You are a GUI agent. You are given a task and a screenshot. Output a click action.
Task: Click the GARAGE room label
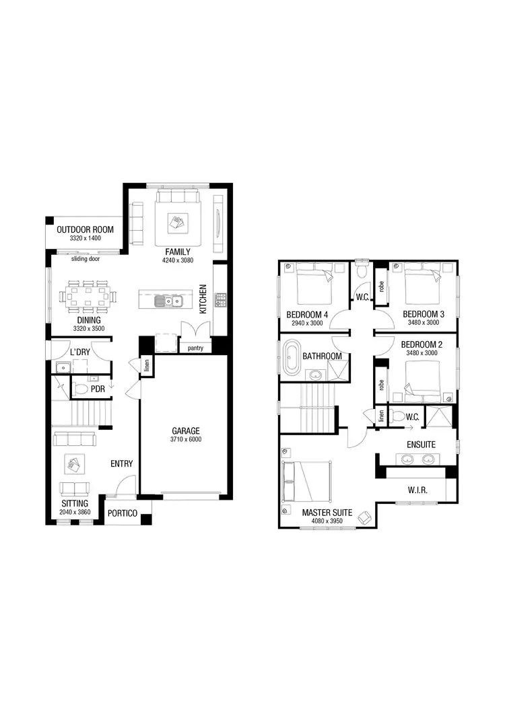point(185,430)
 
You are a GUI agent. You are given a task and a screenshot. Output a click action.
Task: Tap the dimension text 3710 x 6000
point(185,439)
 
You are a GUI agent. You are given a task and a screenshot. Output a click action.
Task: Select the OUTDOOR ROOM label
point(85,229)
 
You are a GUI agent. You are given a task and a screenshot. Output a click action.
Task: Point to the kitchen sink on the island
point(166,301)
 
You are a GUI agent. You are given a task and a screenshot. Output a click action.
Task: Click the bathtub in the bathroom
point(292,356)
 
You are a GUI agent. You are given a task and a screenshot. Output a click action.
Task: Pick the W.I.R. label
point(417,490)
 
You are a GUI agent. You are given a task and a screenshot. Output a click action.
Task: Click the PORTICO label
point(123,514)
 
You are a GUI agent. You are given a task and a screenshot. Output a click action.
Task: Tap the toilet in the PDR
point(80,389)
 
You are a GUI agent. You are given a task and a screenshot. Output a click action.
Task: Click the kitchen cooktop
point(220,300)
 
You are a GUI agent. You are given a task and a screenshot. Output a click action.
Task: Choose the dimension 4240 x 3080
point(178,260)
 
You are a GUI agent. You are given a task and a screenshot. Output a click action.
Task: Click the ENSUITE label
point(421,445)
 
